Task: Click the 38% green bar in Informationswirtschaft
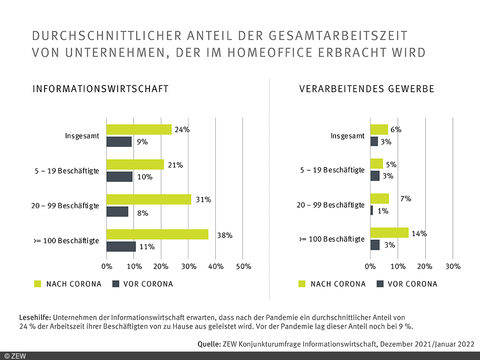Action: click(157, 234)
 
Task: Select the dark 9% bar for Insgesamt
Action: click(119, 142)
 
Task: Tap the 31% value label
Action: click(203, 200)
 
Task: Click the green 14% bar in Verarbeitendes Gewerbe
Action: click(389, 233)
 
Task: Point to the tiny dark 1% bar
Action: click(372, 210)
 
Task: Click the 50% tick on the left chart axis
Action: click(243, 266)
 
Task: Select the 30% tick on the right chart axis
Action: click(452, 266)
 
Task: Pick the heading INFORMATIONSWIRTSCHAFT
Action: click(100, 89)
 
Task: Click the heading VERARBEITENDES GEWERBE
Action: click(367, 89)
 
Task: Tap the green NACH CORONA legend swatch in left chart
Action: click(38, 284)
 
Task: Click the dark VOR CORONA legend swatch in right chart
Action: click(380, 284)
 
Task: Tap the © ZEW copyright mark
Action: click(15, 356)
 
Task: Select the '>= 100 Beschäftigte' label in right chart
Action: click(331, 239)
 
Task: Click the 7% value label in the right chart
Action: click(405, 199)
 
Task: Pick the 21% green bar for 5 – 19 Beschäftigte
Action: click(135, 165)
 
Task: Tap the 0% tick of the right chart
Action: click(370, 266)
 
